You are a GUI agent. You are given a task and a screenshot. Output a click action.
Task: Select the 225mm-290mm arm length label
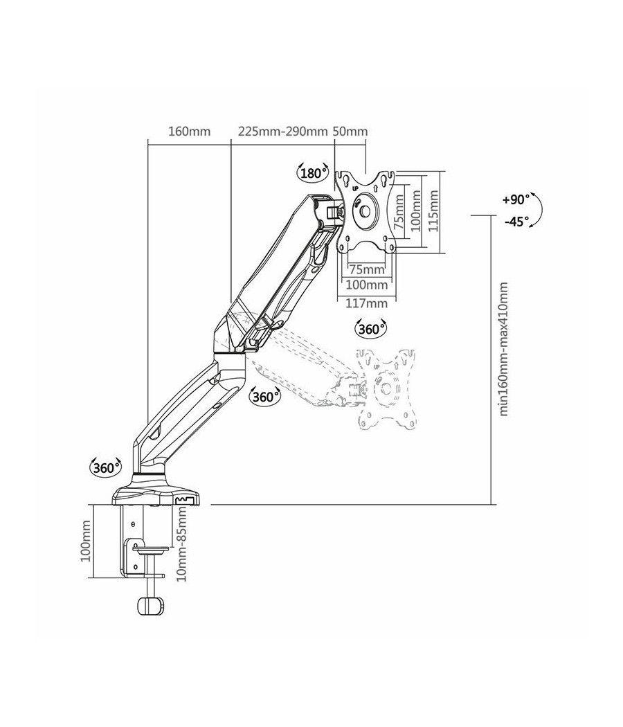click(282, 131)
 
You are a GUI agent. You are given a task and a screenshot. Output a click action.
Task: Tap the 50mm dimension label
click(350, 131)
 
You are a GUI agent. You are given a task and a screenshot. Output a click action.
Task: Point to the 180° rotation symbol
click(313, 173)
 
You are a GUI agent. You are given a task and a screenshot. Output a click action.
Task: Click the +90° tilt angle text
click(516, 199)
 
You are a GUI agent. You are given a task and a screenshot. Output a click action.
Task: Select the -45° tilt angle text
click(516, 222)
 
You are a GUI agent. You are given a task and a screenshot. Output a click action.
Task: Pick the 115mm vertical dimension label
click(433, 212)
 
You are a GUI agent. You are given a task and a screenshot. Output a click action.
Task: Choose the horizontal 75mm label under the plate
click(367, 269)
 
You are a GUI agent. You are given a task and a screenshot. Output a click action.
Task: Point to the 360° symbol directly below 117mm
click(371, 329)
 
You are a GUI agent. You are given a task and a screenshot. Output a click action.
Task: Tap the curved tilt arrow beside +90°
click(539, 210)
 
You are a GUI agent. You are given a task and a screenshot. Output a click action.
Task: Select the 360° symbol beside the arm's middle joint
click(264, 397)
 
